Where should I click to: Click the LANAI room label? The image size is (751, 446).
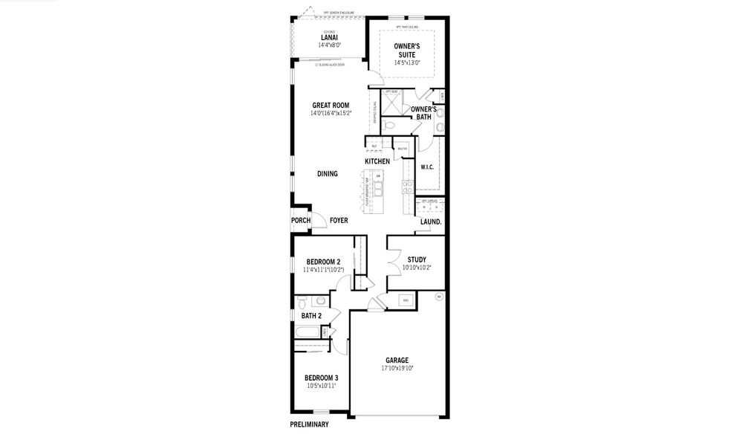328,37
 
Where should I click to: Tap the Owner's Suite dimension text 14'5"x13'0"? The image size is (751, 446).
406,63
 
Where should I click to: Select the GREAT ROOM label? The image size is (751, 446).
331,106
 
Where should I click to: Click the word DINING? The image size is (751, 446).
328,174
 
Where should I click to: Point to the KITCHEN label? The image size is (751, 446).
377,161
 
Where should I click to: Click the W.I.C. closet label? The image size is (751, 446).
427,167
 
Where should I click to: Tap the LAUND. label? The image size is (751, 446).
431,222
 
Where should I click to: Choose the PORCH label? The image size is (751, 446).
301,221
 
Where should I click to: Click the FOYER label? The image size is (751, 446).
339,221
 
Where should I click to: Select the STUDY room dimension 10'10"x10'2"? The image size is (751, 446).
416,268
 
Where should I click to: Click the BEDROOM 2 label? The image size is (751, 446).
323,262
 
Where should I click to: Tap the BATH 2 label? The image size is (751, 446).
311,316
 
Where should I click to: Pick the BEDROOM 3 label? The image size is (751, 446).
322,378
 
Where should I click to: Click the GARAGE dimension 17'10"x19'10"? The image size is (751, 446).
397,368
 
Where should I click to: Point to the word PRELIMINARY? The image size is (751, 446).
309,425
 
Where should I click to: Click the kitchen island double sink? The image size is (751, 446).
378,190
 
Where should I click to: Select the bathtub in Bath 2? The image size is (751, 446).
311,332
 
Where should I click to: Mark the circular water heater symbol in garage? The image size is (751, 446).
438,297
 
